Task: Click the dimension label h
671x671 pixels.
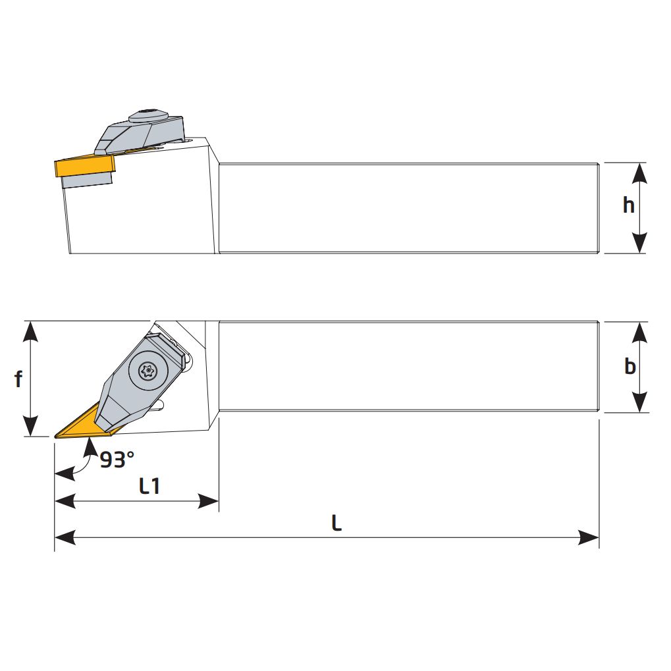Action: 629,205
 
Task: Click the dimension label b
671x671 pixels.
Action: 630,366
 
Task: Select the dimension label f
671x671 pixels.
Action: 19,379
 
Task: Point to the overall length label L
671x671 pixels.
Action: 336,523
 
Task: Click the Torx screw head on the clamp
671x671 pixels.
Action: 147,371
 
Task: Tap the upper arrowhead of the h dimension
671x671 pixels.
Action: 639,173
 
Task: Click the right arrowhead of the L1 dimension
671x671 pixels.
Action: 209,502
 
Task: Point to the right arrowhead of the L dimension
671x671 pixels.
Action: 589,538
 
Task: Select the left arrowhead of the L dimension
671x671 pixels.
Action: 65,538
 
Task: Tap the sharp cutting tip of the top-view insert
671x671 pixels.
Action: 55,436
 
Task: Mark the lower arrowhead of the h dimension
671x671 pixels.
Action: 639,242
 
